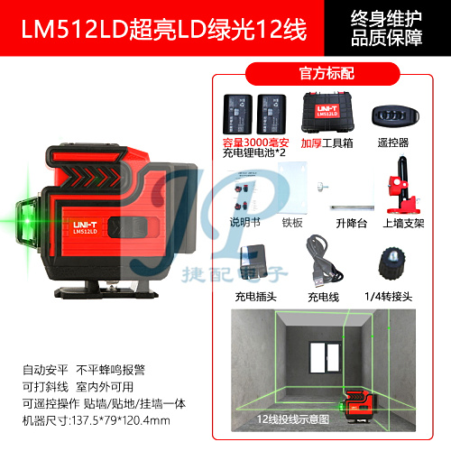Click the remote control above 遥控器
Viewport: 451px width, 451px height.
pos(395,116)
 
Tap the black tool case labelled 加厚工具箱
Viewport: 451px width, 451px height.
pos(327,113)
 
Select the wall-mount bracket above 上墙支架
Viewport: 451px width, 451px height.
pos(403,185)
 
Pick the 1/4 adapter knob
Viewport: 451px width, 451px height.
pos(392,264)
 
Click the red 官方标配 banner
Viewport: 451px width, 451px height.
pos(323,74)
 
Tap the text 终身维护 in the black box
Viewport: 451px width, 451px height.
pos(386,19)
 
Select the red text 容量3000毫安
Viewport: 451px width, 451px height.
pos(256,143)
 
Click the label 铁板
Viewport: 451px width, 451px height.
pos(292,223)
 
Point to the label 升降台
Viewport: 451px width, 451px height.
pos(352,224)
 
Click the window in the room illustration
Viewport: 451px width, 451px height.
pos(325,357)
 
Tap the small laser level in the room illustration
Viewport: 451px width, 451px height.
pos(357,405)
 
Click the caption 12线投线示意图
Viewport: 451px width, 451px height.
pos(293,419)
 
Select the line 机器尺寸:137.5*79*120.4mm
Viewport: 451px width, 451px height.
pos(97,420)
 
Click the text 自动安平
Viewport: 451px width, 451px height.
pos(45,370)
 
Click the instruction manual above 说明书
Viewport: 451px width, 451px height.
pos(245,192)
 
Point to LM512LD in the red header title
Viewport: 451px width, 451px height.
pos(75,29)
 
